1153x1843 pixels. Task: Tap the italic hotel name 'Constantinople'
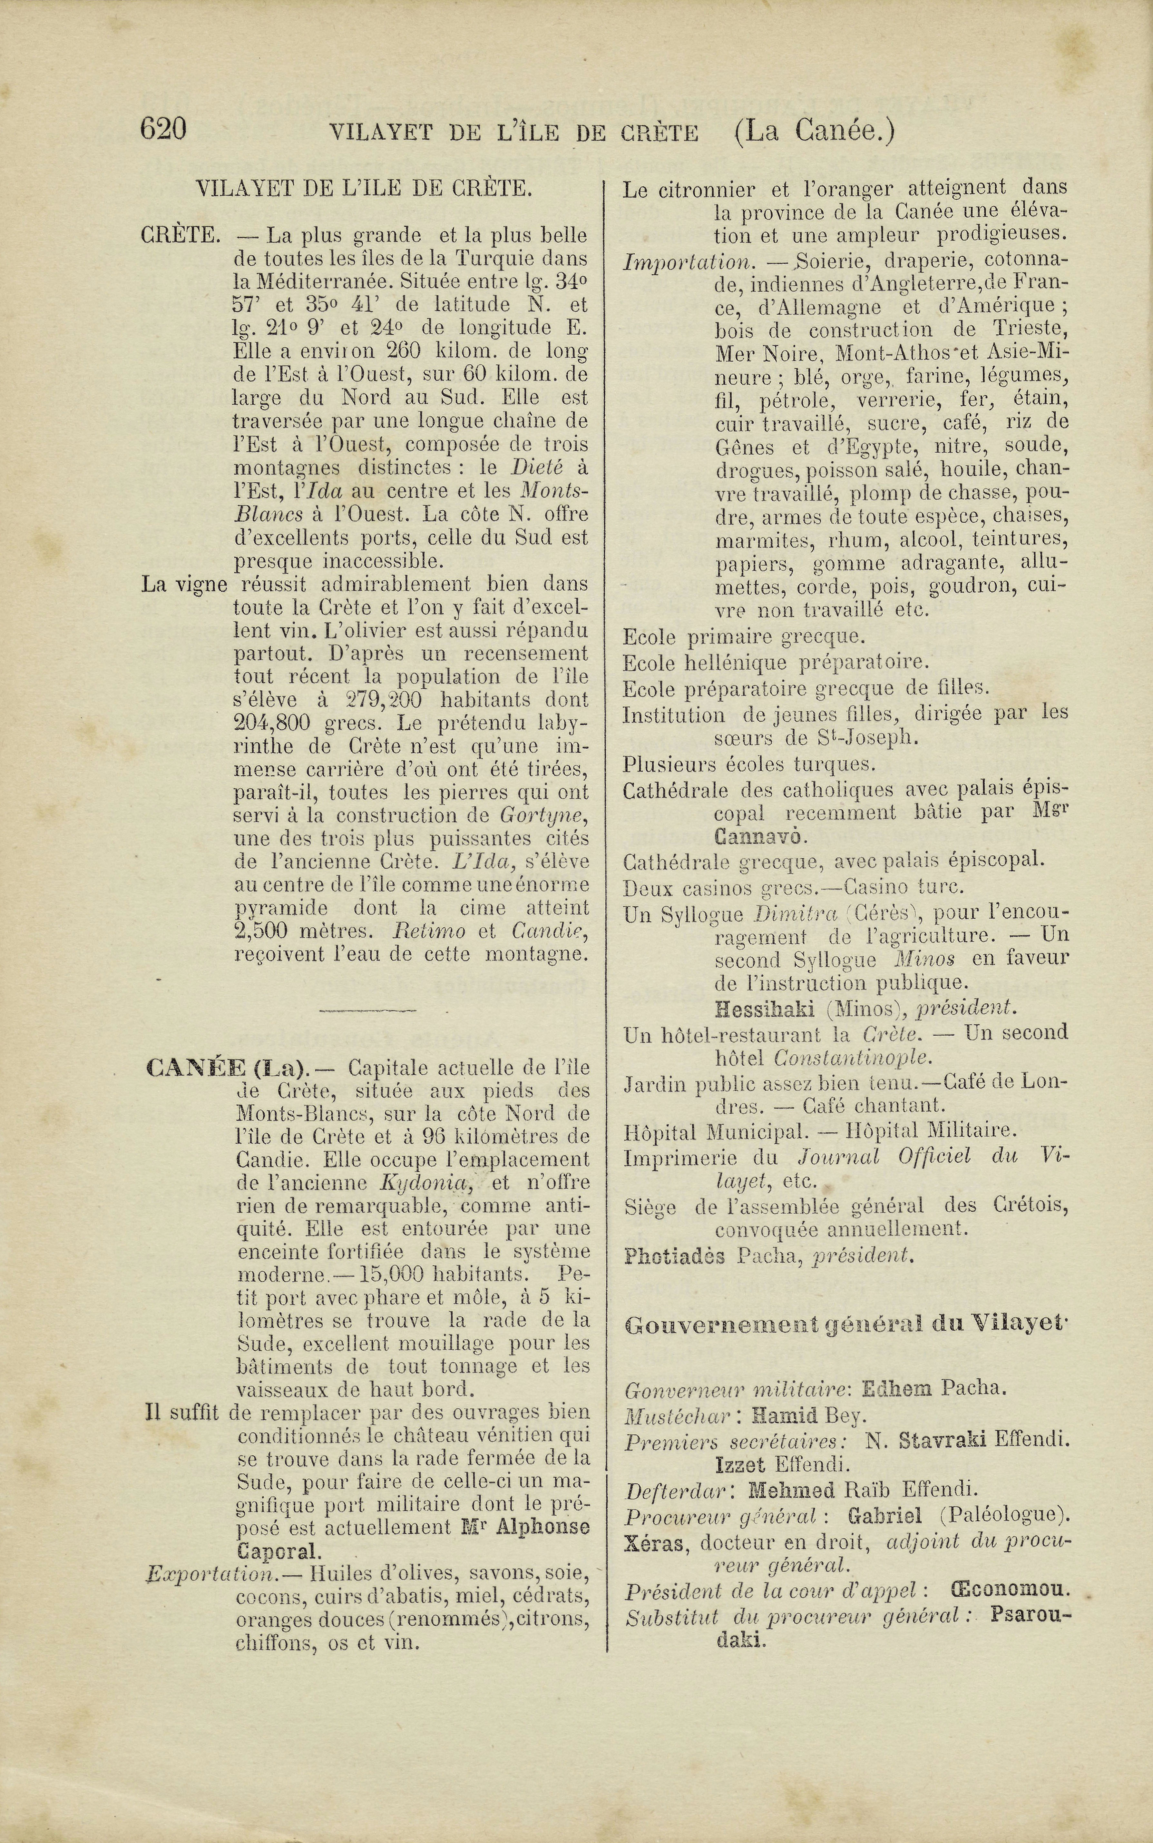click(x=853, y=1058)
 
